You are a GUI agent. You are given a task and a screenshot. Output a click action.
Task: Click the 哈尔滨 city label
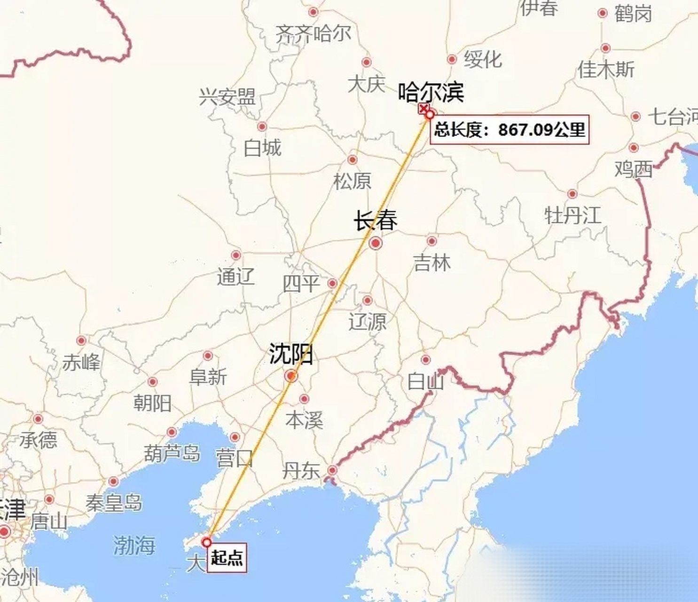click(x=431, y=92)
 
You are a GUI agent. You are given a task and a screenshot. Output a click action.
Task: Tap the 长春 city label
click(x=375, y=221)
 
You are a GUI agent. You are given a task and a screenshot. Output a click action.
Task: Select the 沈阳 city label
click(x=291, y=354)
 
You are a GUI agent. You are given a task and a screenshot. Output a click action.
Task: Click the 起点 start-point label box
click(x=227, y=558)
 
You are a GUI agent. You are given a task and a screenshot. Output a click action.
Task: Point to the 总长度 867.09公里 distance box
click(x=510, y=129)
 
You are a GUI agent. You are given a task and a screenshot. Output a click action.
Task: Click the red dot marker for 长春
click(x=376, y=243)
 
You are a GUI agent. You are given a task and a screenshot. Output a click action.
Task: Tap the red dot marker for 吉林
click(x=431, y=241)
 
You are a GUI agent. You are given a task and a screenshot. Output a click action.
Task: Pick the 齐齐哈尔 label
click(x=313, y=34)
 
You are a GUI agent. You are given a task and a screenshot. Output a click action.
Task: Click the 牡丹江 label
click(x=573, y=215)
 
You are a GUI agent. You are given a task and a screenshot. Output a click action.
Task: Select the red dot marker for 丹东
click(x=332, y=470)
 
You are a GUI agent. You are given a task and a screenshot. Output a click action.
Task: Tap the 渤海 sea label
click(x=134, y=546)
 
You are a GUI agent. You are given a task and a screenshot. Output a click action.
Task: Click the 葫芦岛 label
click(x=172, y=454)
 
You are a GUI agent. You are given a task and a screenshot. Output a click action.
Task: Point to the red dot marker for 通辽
click(x=236, y=255)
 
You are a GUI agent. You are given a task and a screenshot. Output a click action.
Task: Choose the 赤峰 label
click(x=81, y=362)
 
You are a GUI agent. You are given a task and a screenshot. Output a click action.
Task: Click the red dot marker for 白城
click(x=262, y=127)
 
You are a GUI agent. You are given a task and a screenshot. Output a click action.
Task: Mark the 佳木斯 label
click(x=606, y=70)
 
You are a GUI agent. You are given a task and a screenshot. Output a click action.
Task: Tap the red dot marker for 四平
click(x=332, y=283)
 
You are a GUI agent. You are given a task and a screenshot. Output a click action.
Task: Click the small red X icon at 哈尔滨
click(x=424, y=109)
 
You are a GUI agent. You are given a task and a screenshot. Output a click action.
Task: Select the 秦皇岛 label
click(x=114, y=503)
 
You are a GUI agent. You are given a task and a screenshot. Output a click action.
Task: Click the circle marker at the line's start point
click(x=206, y=543)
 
